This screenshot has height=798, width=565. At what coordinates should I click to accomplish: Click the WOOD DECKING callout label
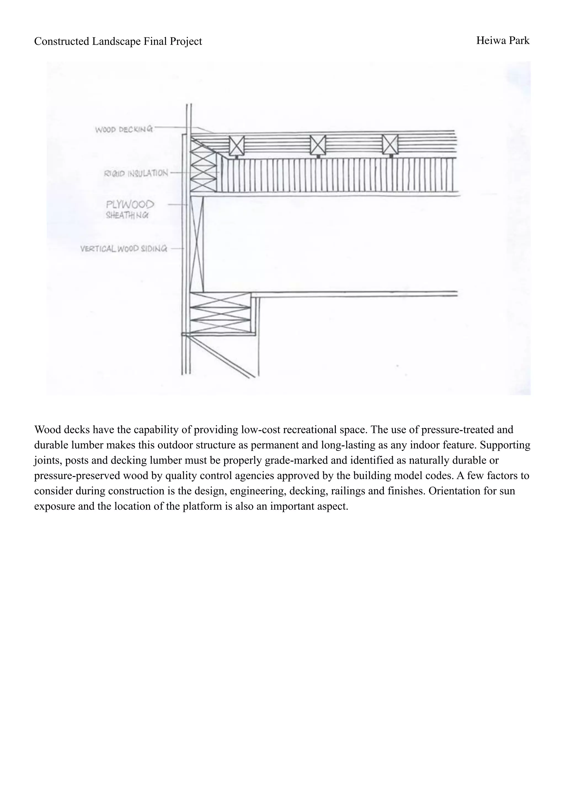(124, 129)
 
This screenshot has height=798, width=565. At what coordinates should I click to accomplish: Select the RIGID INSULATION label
(136, 173)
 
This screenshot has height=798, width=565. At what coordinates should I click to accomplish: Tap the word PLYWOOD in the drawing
(130, 205)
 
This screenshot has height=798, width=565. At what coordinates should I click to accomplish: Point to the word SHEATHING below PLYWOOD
(127, 215)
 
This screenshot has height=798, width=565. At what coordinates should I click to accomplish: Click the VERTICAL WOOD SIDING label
(124, 249)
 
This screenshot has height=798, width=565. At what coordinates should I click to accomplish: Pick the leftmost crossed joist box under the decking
(237, 145)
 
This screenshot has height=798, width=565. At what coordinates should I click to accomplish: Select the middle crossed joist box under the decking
(318, 145)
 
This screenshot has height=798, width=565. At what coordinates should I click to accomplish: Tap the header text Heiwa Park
(503, 41)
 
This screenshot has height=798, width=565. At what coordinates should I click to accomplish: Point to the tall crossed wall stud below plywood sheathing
(197, 243)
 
